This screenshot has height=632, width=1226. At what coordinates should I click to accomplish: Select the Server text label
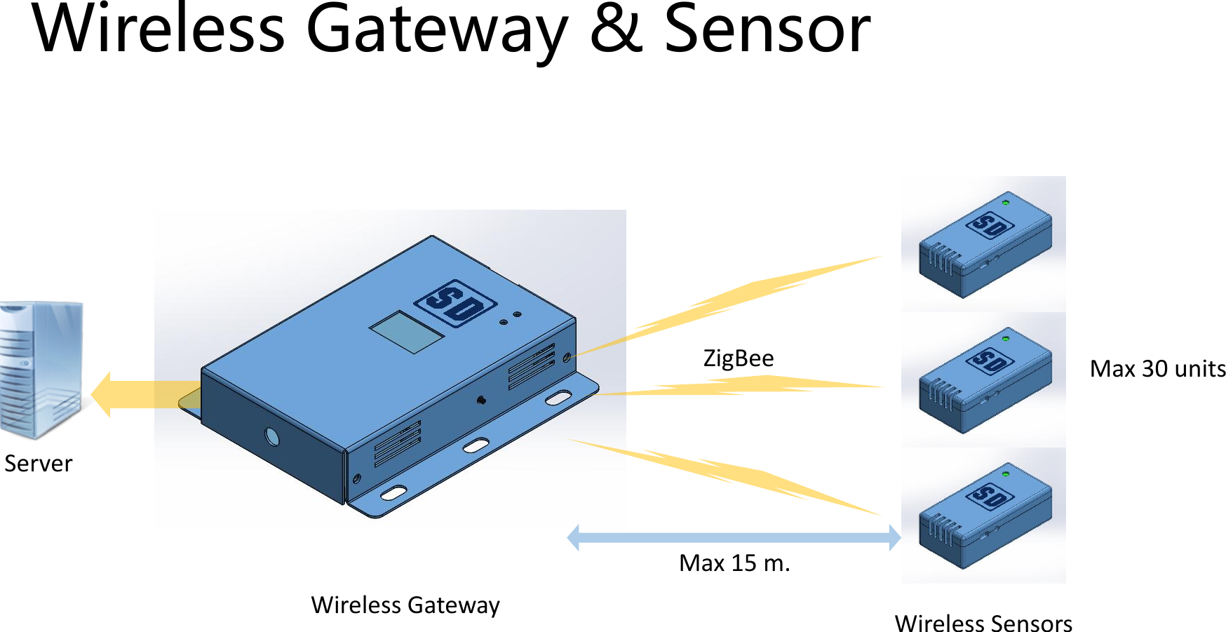[x=38, y=464]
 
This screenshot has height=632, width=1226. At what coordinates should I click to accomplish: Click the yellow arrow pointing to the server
[x=140, y=394]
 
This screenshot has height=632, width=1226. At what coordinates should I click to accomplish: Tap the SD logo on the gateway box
[x=455, y=303]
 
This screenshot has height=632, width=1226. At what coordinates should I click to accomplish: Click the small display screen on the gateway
[x=406, y=332]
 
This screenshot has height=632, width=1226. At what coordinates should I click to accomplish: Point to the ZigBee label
[x=738, y=358]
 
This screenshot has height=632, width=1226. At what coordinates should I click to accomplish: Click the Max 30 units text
[x=1157, y=369]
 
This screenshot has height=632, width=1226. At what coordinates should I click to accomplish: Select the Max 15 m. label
[x=734, y=563]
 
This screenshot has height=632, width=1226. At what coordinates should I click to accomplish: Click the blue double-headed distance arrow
[x=734, y=538]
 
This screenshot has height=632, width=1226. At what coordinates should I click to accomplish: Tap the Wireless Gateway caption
[x=405, y=605]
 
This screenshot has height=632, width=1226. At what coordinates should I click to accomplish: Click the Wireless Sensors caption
[x=983, y=623]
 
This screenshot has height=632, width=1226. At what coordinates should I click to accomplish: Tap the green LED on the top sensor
[x=1006, y=203]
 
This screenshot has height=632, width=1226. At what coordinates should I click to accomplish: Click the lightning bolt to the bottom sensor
[x=729, y=476]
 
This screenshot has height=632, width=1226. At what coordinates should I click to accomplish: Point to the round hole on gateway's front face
[x=272, y=438]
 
